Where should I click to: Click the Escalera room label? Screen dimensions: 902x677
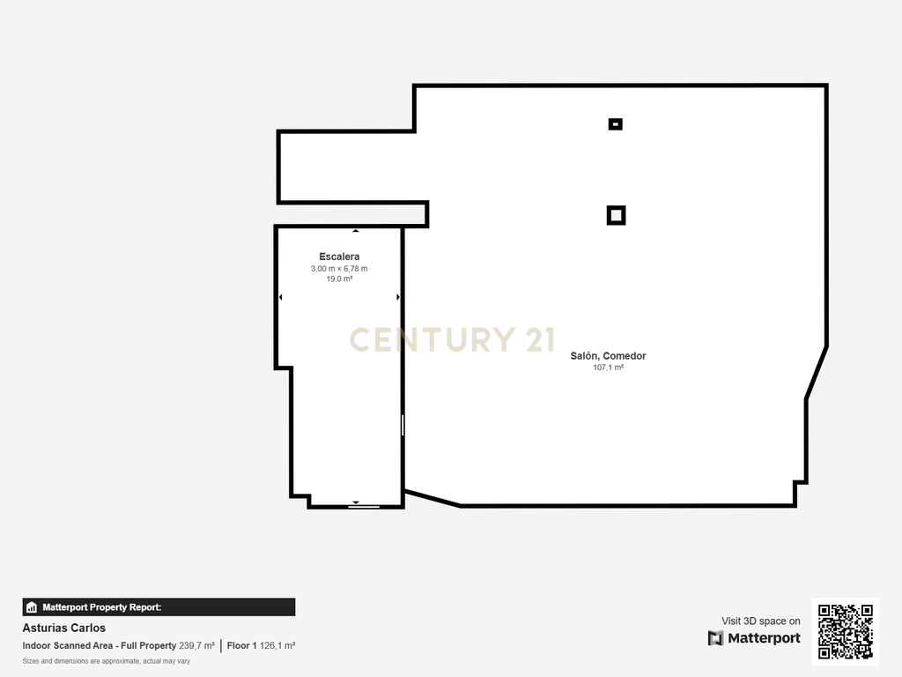[339, 257]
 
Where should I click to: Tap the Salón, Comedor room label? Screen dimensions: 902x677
[608, 356]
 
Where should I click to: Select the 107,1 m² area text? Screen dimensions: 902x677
[608, 368]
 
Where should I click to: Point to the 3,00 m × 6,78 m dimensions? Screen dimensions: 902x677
[339, 269]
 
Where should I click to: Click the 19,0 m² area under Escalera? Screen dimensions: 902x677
[339, 279]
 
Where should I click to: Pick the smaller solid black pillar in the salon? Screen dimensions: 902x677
[616, 123]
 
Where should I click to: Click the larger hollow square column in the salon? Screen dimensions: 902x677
[616, 215]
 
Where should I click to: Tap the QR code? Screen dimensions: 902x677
[845, 631]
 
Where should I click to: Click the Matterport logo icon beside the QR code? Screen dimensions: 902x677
[715, 638]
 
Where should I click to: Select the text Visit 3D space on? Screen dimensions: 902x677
[760, 621]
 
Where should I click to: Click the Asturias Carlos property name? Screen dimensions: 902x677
[63, 628]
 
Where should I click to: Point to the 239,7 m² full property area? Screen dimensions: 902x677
[196, 646]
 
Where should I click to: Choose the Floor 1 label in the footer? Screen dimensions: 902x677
[241, 646]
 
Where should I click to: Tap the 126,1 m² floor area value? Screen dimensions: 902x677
[277, 646]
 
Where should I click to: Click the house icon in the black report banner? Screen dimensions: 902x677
[32, 607]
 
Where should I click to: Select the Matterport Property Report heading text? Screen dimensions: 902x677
[102, 607]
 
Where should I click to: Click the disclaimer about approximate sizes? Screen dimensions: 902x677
[106, 661]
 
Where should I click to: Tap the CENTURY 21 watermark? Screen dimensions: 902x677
[452, 339]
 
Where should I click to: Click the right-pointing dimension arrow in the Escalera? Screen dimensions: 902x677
[398, 297]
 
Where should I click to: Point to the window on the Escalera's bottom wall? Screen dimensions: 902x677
[364, 507]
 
